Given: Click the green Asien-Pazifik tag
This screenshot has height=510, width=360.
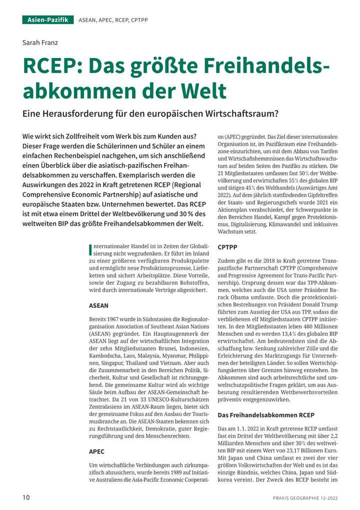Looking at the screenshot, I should (x=48, y=20).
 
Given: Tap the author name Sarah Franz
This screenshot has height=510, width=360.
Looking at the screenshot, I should (x=40, y=43).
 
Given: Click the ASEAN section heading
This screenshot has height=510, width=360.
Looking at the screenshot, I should (x=98, y=305).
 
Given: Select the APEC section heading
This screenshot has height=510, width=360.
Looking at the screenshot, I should (x=96, y=451).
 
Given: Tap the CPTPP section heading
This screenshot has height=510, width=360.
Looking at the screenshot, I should (x=228, y=247).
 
